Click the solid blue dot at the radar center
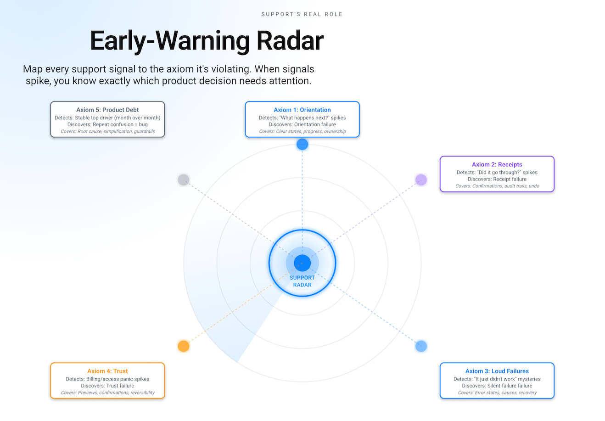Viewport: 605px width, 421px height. tap(302, 263)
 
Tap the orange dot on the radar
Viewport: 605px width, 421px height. tap(184, 346)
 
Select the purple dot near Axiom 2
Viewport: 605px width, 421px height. tap(421, 180)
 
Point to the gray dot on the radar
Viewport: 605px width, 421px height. tap(184, 180)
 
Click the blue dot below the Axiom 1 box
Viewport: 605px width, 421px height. tap(302, 144)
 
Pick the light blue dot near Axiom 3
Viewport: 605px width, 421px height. tap(421, 346)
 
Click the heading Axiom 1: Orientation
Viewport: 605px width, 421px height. tap(302, 110)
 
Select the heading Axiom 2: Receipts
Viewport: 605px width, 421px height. tap(497, 164)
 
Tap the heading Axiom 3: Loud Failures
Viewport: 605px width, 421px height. tap(497, 371)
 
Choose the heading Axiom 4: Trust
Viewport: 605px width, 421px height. tap(107, 371)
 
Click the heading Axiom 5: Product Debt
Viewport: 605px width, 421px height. tap(107, 110)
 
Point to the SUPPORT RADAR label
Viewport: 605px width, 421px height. tap(302, 281)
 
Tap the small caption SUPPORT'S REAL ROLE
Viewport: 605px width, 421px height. tap(302, 14)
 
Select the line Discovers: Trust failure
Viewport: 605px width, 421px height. tap(107, 386)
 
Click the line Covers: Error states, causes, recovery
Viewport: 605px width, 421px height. tap(497, 393)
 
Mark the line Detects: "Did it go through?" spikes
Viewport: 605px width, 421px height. tap(497, 173)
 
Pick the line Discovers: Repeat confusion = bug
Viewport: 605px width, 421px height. tap(107, 124)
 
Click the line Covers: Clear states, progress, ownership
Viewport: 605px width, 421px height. tap(302, 131)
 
